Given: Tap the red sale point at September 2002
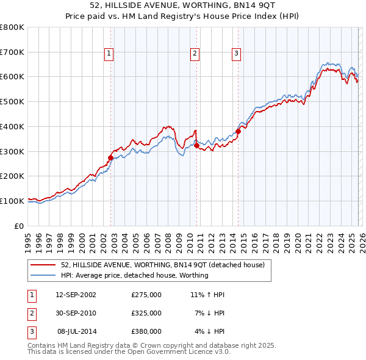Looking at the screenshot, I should tap(110, 157).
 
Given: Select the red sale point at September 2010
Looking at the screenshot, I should tap(196, 145).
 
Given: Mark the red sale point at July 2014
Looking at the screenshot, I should tap(239, 131).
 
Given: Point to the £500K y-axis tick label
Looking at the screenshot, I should tap(12, 101).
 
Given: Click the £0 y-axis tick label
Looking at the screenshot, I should tap(18, 226).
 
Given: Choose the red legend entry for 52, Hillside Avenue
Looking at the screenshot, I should tap(162, 265).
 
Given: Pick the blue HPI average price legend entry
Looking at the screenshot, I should tap(134, 275).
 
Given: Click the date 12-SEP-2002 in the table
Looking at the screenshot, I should tap(76, 295).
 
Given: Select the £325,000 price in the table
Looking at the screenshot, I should tap(146, 313).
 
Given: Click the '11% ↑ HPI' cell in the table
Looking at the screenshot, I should tap(207, 295).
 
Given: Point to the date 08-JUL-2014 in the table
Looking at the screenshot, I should tap(76, 331).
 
